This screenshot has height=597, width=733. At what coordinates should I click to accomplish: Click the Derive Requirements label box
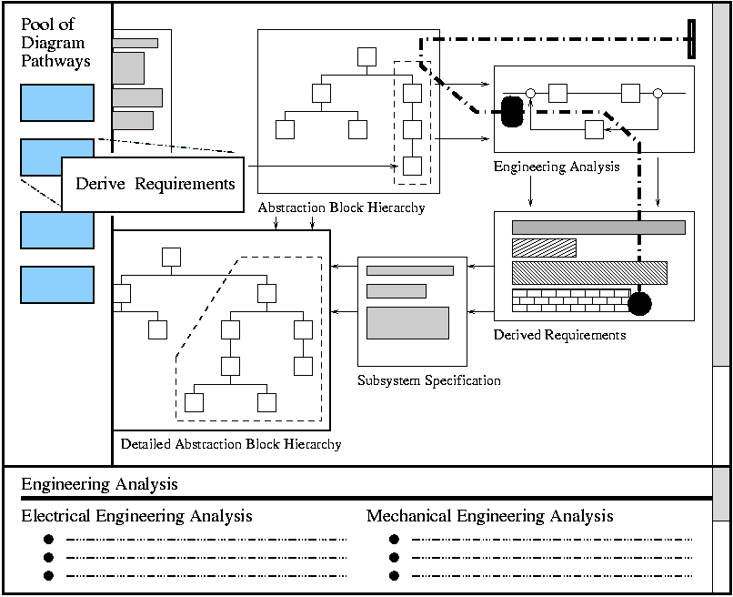click(x=155, y=184)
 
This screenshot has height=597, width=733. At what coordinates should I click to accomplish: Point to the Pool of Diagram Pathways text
click(x=55, y=43)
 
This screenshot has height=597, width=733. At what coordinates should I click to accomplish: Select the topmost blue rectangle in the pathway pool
click(x=57, y=103)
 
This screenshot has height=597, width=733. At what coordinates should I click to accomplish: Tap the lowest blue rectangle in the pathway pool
click(x=57, y=285)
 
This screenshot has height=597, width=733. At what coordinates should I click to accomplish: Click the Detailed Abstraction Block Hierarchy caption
click(x=231, y=444)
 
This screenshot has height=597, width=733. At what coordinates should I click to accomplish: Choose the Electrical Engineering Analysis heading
click(x=136, y=517)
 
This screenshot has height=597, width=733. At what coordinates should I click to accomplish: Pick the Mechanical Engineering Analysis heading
click(x=489, y=517)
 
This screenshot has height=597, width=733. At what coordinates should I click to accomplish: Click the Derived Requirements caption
click(x=559, y=335)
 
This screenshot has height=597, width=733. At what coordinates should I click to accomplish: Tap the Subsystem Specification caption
click(x=428, y=380)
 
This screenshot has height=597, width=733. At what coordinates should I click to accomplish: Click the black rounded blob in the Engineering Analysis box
click(x=512, y=112)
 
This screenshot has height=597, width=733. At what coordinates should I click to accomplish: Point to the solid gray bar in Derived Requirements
click(x=598, y=228)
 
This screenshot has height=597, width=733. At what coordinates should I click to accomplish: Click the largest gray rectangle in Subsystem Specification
click(x=407, y=323)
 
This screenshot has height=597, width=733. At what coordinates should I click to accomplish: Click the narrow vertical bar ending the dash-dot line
click(x=693, y=39)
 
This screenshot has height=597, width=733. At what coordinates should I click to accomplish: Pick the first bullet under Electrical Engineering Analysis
click(x=48, y=540)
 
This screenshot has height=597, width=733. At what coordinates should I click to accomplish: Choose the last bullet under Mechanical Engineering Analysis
click(x=394, y=575)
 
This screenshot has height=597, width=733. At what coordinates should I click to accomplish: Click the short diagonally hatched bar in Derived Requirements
click(x=544, y=248)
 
